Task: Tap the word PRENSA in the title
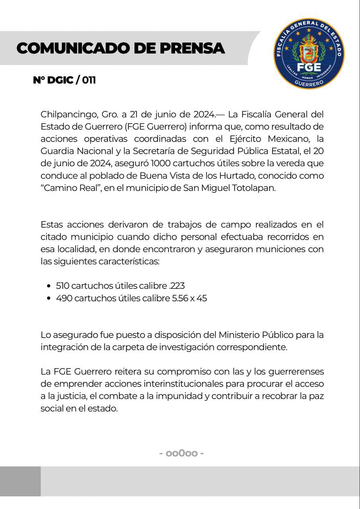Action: coord(192,49)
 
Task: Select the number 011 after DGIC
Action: coord(89,80)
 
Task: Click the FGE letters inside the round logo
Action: coord(309,66)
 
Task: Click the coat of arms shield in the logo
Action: coord(309,50)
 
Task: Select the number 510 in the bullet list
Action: coord(62,286)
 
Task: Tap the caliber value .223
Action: coord(177,286)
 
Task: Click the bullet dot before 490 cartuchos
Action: coord(49,298)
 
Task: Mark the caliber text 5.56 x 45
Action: coord(189,298)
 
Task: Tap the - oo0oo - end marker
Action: coord(181,453)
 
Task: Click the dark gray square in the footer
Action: coord(20,481)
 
